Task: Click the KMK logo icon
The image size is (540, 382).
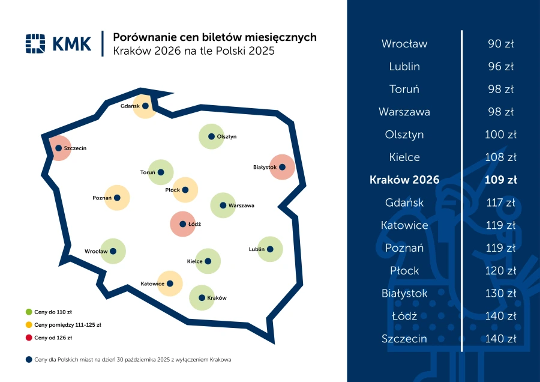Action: [x=36, y=44]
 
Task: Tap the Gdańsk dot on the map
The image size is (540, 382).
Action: [x=145, y=106]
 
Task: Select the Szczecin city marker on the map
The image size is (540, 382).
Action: [x=58, y=148]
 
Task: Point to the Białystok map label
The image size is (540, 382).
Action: [x=265, y=167]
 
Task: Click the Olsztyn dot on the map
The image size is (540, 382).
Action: [x=211, y=136]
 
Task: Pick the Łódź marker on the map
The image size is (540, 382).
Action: [x=182, y=224]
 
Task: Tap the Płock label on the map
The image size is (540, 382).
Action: [x=172, y=190]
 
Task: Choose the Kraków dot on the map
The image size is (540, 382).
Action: [x=202, y=297]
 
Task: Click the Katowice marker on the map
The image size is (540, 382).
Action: [x=170, y=283]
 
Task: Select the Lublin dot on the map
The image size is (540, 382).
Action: [x=270, y=249]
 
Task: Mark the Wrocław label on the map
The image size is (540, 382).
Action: [x=96, y=252]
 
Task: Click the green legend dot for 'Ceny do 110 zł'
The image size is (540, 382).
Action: [x=28, y=312]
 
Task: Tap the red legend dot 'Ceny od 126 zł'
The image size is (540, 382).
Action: [x=28, y=338]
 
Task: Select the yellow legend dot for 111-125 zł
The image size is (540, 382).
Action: [x=28, y=325]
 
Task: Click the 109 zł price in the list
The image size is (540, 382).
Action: [x=501, y=180]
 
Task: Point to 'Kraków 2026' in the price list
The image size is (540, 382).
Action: [x=404, y=180]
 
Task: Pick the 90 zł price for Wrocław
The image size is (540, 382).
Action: [x=501, y=44]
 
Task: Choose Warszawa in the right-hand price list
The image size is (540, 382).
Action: [x=404, y=112]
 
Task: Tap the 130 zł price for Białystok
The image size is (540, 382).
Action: [x=501, y=293]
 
